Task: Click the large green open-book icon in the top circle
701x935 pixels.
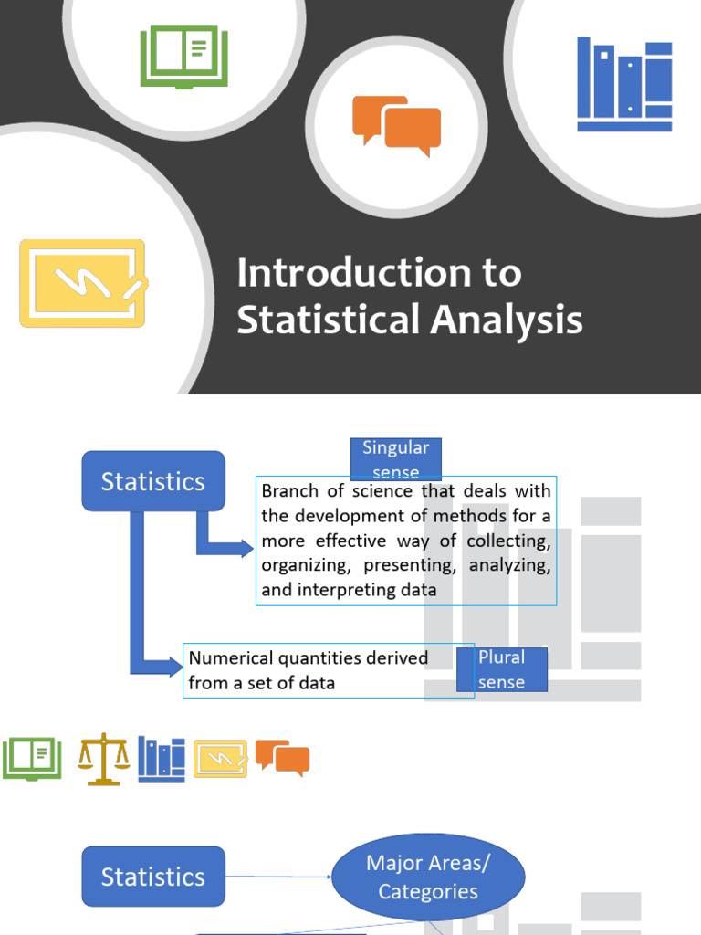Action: [183, 57]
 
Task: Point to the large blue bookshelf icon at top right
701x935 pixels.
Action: [624, 84]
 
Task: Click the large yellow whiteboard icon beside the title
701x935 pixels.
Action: [83, 283]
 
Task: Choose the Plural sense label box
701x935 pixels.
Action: [501, 669]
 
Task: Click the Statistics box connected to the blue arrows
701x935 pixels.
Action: [152, 481]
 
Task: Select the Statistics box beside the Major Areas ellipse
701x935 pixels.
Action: [152, 877]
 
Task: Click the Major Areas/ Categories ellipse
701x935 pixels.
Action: [428, 877]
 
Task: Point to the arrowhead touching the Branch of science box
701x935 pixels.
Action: [246, 548]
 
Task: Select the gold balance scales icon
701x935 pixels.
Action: [103, 759]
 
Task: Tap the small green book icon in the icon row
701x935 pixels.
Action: [32, 759]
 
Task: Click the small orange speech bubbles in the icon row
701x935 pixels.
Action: [282, 757]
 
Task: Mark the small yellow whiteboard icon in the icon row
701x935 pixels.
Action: [220, 758]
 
